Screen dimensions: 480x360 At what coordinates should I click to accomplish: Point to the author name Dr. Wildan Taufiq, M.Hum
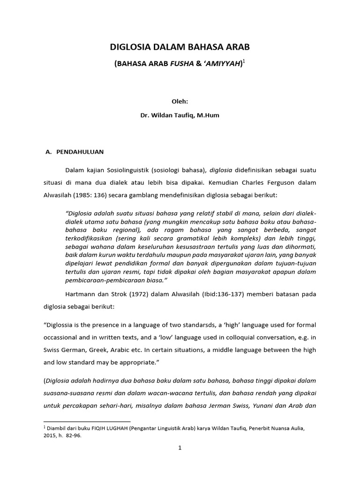[x=180, y=115]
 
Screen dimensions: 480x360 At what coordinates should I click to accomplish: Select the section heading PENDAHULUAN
[x=80, y=152]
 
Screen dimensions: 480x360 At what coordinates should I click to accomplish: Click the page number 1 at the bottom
[x=180, y=448]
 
